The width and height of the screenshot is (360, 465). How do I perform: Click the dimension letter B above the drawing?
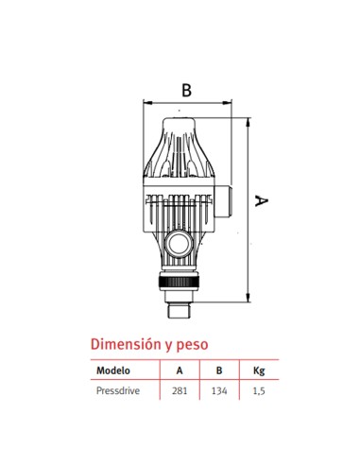pos(186,90)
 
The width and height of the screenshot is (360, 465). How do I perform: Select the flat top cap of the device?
pos(185,123)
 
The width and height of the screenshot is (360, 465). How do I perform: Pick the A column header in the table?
pos(180,371)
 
